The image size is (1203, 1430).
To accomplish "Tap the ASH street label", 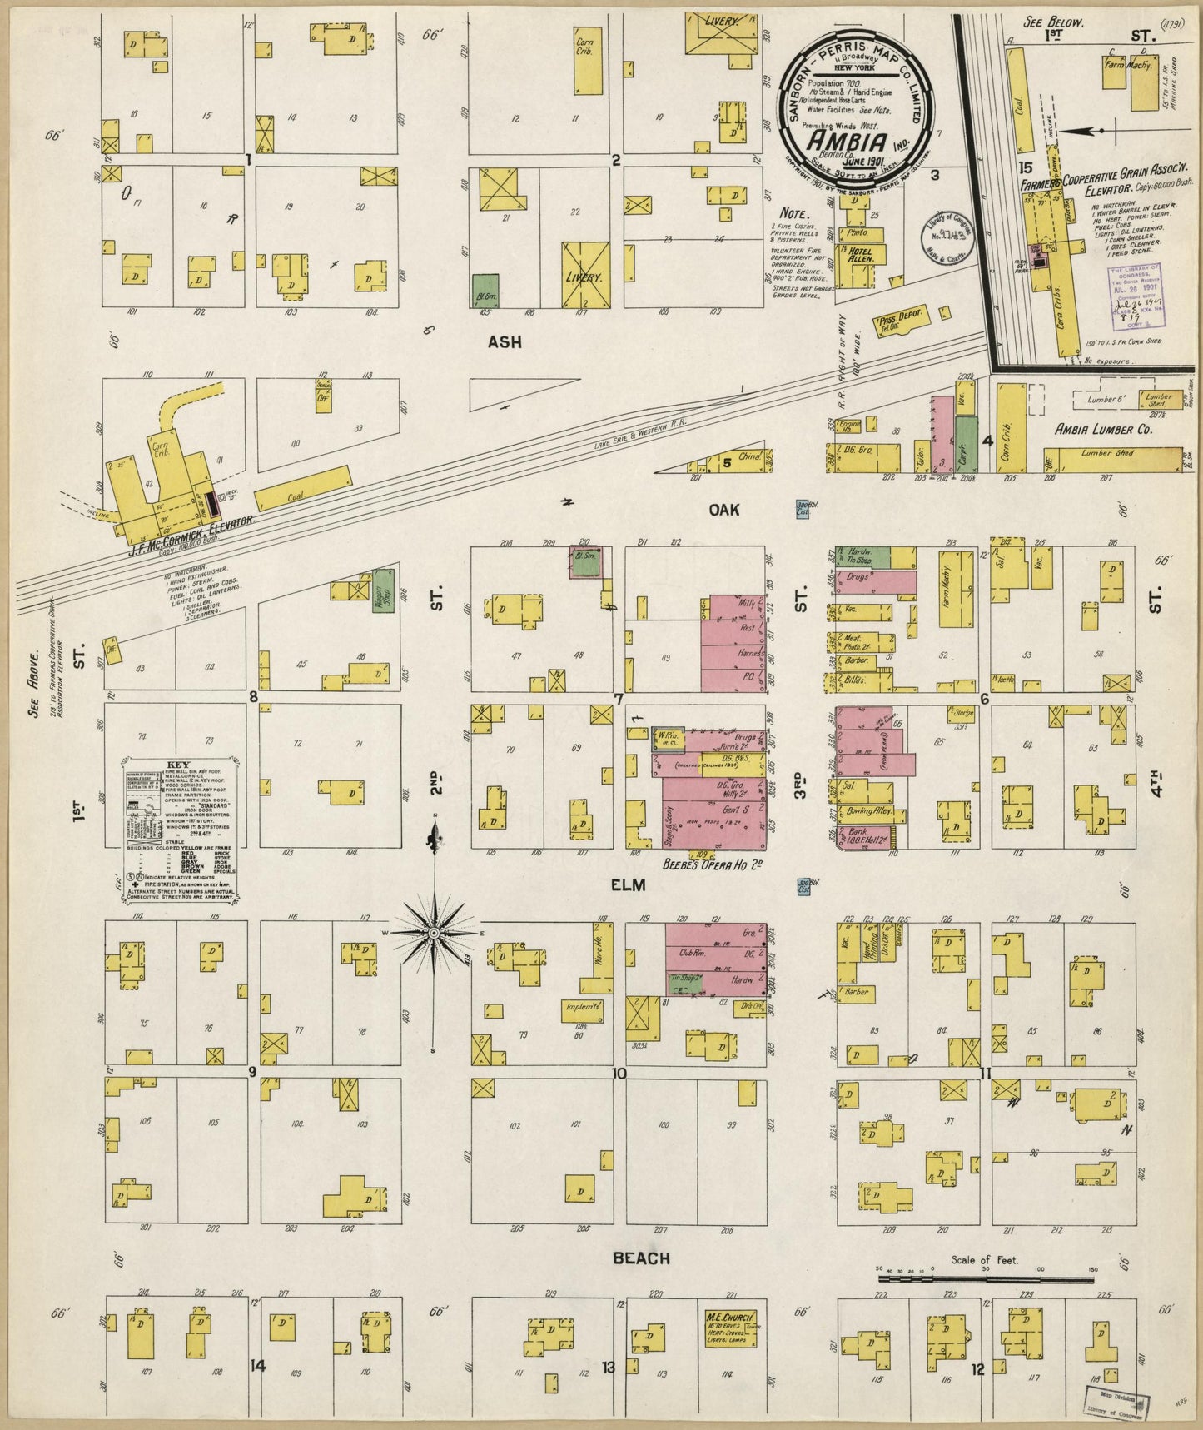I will coord(505,341).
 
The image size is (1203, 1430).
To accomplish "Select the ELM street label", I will coord(629,886).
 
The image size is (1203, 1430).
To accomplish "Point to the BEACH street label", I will coord(640,1258).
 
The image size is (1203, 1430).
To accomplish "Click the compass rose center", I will coord(434,934).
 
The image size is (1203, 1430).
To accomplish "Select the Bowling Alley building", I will coord(866,811).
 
